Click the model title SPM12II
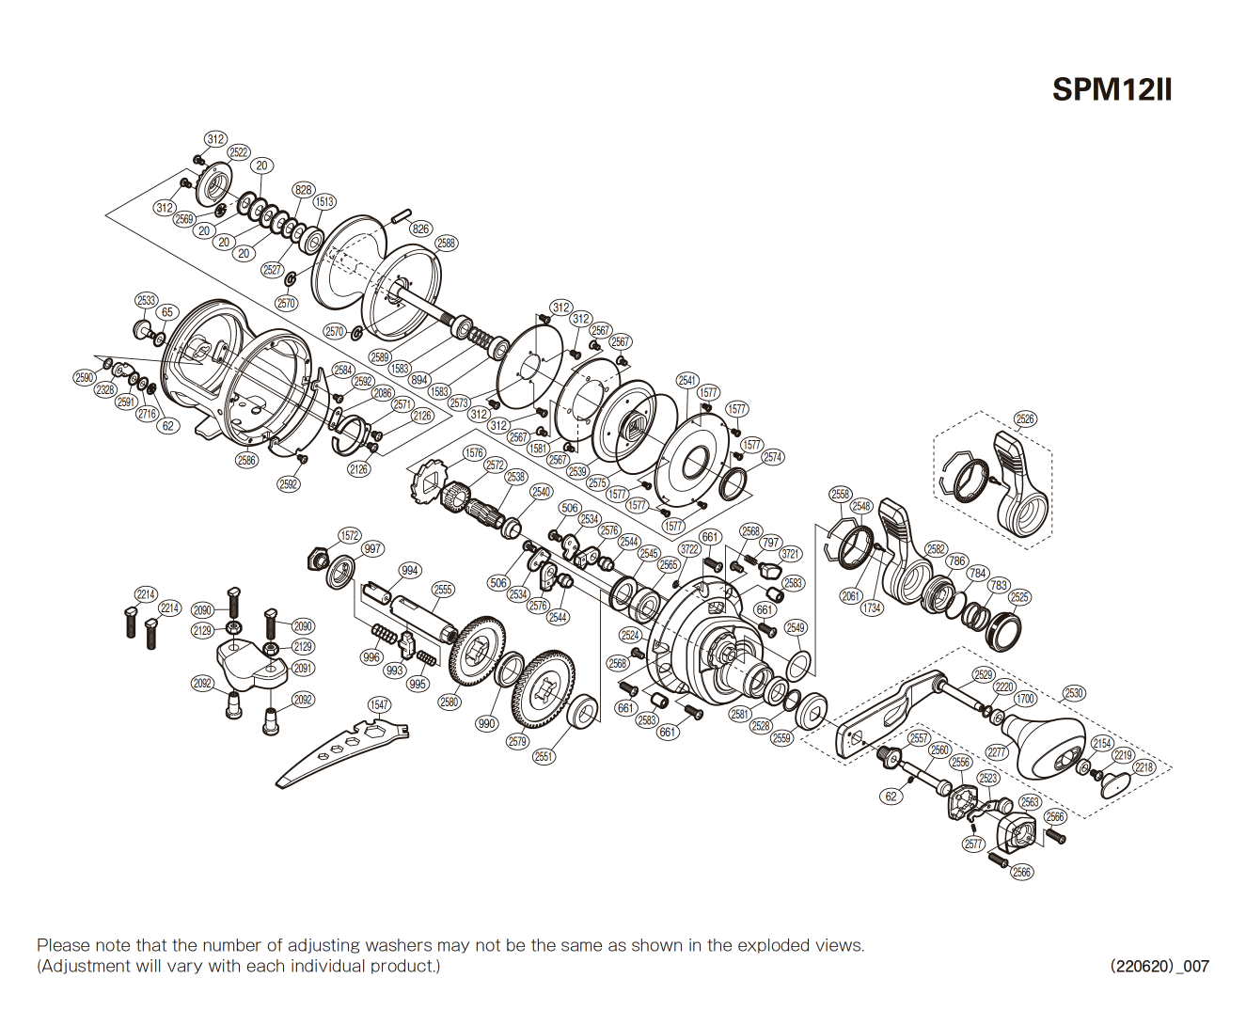1112,89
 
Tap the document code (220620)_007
1159,966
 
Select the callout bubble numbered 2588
446,244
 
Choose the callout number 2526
1025,419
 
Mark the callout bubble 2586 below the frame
246,460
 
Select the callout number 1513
324,202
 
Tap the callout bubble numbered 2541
687,380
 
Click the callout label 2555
443,590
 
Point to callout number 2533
146,301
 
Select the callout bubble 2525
1019,597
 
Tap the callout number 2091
303,668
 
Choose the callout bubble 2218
1143,767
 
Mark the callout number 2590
85,377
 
